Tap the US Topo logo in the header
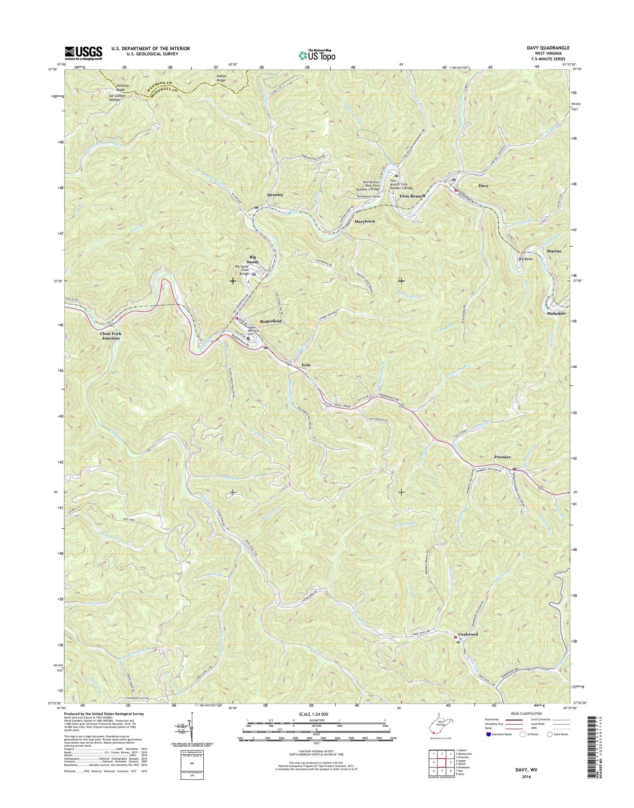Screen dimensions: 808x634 click(317, 55)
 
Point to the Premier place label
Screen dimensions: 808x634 click(502, 457)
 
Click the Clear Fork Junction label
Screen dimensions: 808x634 click(110, 336)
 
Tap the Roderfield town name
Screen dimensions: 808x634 click(271, 321)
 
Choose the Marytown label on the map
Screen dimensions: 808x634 click(364, 221)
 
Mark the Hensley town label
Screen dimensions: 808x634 click(275, 195)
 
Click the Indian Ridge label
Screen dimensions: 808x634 click(221, 78)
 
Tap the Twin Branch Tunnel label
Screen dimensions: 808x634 click(369, 197)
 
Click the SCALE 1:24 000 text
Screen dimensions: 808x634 click(316, 714)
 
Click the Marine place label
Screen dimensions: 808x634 click(554, 251)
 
